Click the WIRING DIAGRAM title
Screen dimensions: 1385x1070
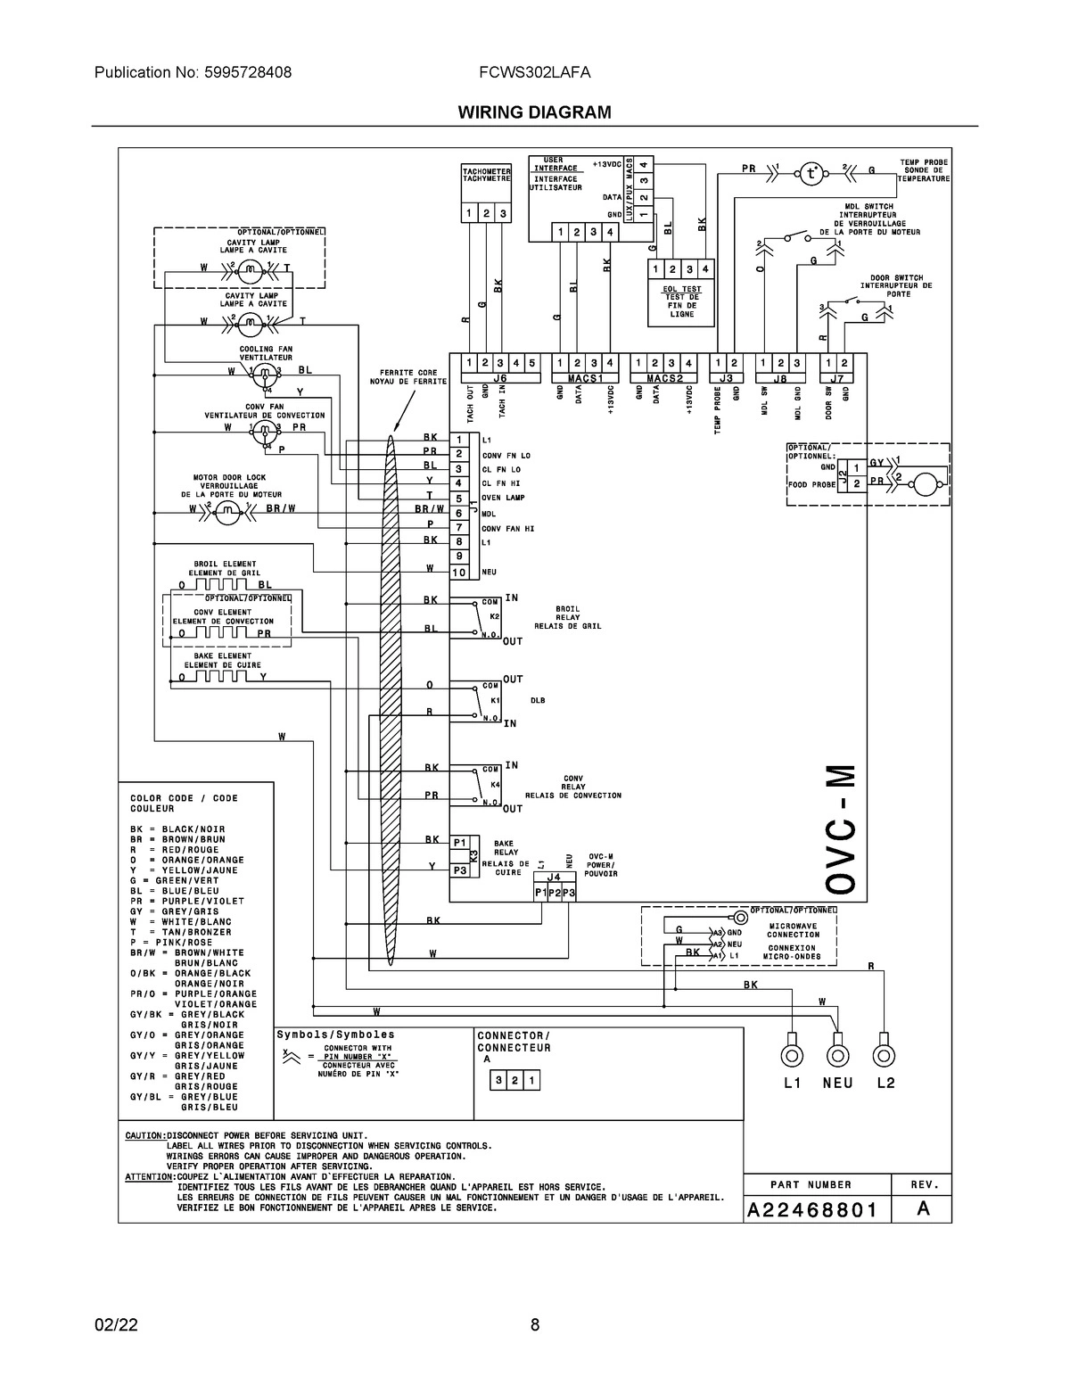[x=534, y=112]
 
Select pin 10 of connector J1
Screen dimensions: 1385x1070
[x=458, y=572]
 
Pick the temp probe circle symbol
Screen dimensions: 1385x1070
[x=810, y=173]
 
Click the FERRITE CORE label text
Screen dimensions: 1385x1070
[x=408, y=376]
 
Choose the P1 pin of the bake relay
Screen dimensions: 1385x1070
[x=460, y=842]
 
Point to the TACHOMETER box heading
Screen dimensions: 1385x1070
[x=486, y=174]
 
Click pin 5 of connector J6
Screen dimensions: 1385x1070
[x=531, y=363]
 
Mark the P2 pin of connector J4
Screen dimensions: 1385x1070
[x=555, y=893]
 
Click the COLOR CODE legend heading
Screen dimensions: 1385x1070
[x=185, y=803]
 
